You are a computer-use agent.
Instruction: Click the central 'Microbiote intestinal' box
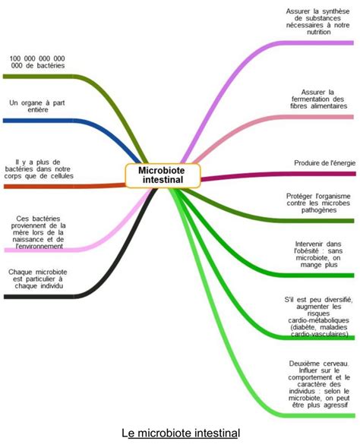(x=163, y=175)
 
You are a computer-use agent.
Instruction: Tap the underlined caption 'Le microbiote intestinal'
(x=181, y=433)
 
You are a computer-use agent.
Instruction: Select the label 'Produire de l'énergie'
(x=324, y=163)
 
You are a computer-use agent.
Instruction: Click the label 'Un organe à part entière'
(x=37, y=106)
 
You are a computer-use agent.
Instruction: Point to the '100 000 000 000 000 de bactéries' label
(x=37, y=62)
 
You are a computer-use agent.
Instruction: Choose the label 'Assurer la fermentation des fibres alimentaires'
(x=319, y=99)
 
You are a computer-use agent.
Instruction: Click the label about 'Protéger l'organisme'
(x=318, y=203)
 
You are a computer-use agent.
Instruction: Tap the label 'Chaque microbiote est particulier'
(x=38, y=279)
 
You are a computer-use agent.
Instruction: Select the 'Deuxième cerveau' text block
(x=319, y=384)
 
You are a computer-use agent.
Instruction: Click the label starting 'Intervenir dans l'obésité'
(x=319, y=254)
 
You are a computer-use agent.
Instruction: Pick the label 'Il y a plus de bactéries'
(x=39, y=169)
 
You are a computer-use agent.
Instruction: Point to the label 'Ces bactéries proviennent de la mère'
(x=38, y=232)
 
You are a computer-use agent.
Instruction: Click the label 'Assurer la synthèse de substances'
(x=317, y=21)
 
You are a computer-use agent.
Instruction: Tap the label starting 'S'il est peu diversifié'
(x=319, y=316)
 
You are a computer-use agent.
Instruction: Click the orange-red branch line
(x=65, y=186)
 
